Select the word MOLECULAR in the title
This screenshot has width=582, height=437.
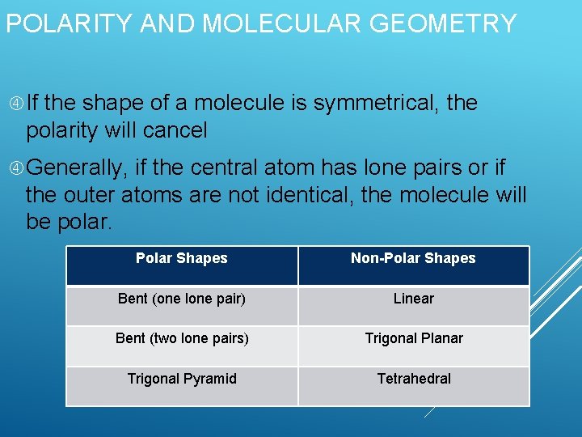click(x=280, y=23)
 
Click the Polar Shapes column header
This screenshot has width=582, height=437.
click(x=182, y=259)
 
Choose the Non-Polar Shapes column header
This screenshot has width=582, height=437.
click(x=413, y=259)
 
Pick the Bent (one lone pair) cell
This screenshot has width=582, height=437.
click(x=182, y=299)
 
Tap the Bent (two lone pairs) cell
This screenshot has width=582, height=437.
click(x=182, y=338)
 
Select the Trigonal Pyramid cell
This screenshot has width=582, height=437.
click(x=182, y=379)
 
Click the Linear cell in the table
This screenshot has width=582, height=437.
click(x=413, y=299)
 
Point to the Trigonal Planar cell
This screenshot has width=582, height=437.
click(x=413, y=338)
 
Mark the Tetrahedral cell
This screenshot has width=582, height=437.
click(x=413, y=379)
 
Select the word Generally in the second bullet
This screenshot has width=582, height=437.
click(x=77, y=168)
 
